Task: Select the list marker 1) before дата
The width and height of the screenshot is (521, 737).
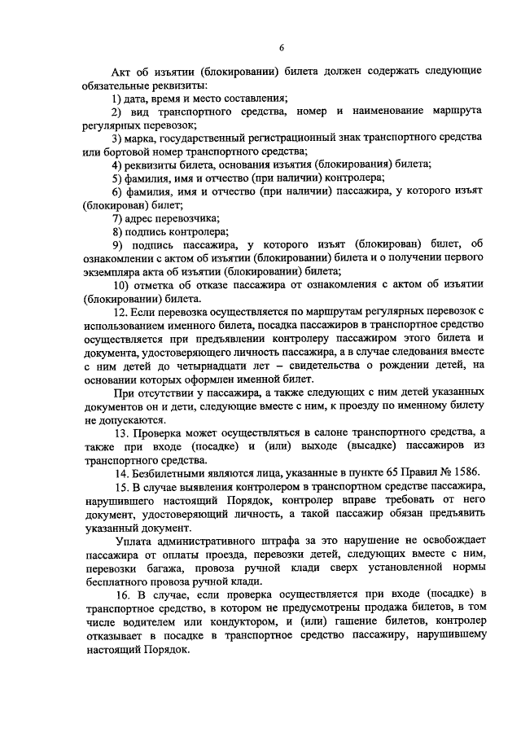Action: tap(117, 98)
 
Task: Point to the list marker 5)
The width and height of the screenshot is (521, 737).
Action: tap(117, 177)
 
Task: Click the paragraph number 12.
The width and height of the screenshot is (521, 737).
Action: tap(120, 310)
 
